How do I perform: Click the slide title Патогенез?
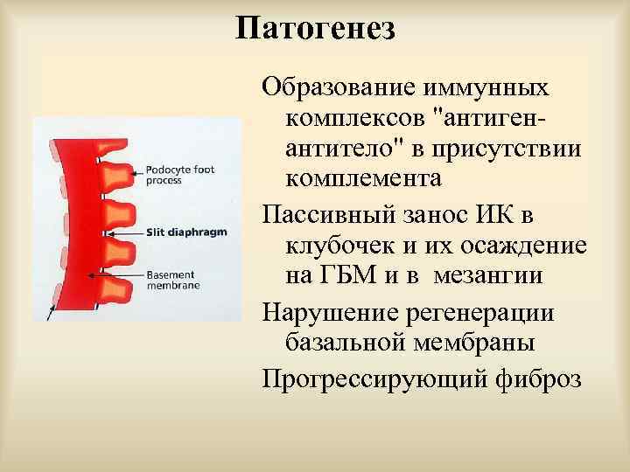[x=315, y=28]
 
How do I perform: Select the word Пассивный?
[x=328, y=215]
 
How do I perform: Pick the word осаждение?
[x=517, y=246]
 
